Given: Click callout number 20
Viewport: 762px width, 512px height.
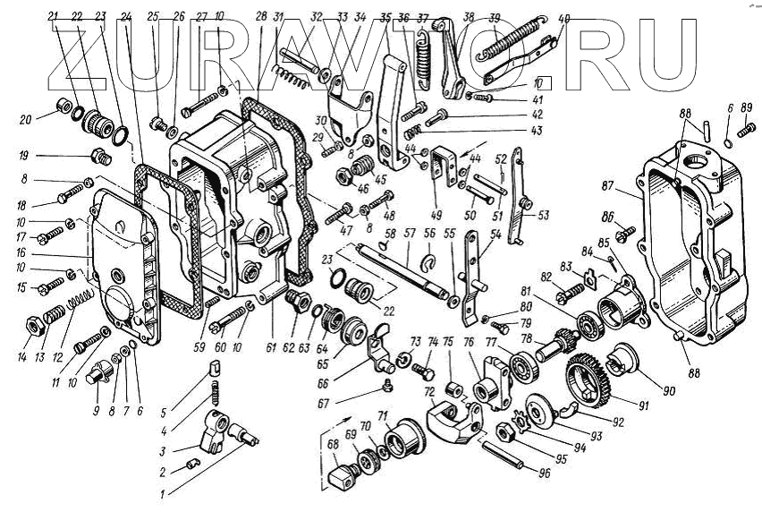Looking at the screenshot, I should click(25, 120).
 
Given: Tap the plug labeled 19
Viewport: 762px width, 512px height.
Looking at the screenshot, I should click(99, 158).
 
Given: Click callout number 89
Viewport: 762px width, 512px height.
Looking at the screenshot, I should click(747, 108).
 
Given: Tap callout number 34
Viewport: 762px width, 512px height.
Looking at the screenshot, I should click(334, 16).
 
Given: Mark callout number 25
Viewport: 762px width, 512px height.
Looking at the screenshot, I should click(153, 16).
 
